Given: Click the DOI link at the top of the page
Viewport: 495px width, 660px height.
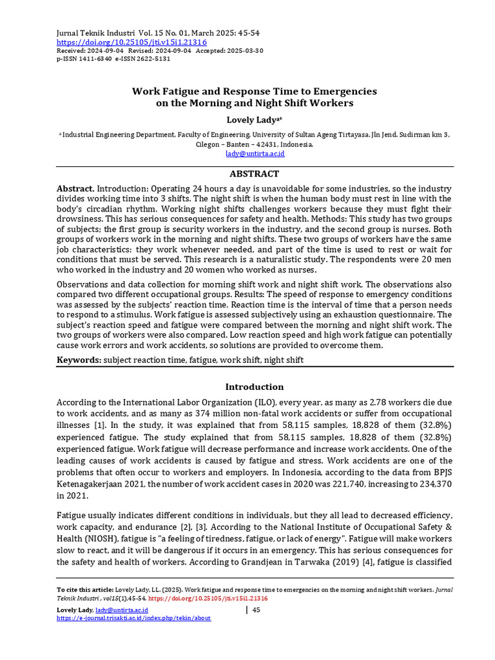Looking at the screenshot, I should pyautogui.click(x=131, y=42).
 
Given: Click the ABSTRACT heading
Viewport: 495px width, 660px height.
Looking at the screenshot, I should pyautogui.click(x=255, y=174).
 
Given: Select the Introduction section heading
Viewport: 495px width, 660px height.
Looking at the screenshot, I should pyautogui.click(x=254, y=387).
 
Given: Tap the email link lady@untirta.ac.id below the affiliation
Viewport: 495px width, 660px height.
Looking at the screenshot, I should pyautogui.click(x=255, y=154).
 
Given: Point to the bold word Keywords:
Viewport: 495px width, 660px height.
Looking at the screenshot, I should pyautogui.click(x=79, y=360).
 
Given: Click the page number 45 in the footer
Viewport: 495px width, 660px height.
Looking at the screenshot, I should pyautogui.click(x=256, y=610).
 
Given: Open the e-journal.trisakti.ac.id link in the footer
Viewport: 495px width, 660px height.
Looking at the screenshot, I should pyautogui.click(x=133, y=618).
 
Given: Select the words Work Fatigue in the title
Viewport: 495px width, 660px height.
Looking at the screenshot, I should pyautogui.click(x=163, y=92).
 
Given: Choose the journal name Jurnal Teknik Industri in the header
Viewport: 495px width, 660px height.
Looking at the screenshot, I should pyautogui.click(x=96, y=33).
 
